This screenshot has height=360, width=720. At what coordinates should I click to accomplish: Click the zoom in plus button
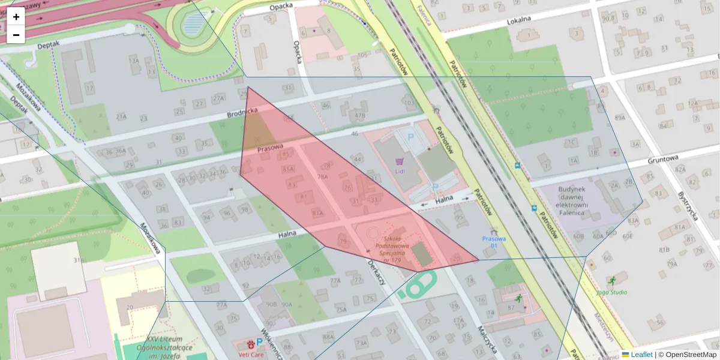click(16, 17)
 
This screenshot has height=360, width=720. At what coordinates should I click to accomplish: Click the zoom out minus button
click(16, 35)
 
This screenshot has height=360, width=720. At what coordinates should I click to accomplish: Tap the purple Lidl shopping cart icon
click(400, 161)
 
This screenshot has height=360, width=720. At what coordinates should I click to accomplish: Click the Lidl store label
click(400, 171)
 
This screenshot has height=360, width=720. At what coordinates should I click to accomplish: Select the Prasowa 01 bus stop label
click(494, 242)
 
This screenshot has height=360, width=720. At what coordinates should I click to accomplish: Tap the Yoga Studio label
click(612, 292)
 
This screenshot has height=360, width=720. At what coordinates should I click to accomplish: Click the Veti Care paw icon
click(250, 344)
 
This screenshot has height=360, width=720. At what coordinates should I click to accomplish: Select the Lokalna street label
click(519, 20)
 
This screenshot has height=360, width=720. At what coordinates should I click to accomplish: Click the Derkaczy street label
click(376, 272)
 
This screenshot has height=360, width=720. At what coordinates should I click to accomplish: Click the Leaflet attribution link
click(641, 355)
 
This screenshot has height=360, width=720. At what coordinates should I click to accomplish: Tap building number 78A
click(323, 177)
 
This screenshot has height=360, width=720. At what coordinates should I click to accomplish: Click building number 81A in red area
click(317, 213)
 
